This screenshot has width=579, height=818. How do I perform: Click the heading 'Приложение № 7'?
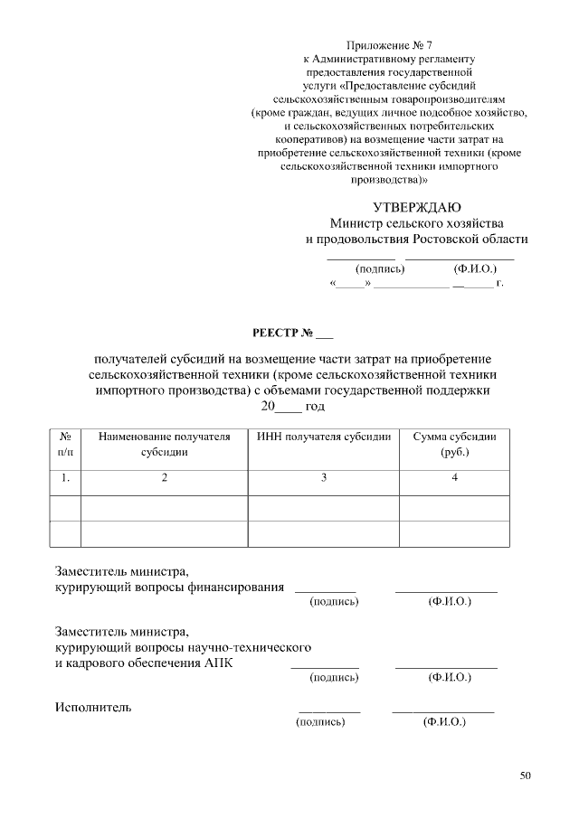pos(388,44)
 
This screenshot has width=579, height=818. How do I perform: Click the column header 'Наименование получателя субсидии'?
pos(165,444)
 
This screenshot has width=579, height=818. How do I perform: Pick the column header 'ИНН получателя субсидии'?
pos(323,437)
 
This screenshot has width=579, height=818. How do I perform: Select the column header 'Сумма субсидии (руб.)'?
pos(454,444)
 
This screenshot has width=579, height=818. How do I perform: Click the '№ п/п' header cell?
pos(65,444)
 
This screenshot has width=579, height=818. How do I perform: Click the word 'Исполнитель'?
pos(93,707)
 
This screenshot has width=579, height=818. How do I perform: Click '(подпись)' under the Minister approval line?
pos(380,268)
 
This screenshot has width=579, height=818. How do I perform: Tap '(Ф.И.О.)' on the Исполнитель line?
pos(443,722)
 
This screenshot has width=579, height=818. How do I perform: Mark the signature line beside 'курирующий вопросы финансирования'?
pos(325,589)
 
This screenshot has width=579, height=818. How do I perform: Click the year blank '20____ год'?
pos(292,407)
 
